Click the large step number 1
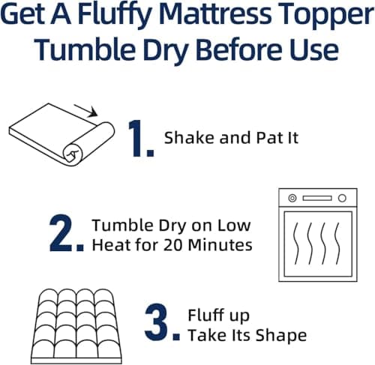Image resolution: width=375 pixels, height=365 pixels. (x=140, y=137)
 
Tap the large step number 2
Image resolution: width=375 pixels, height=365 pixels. (x=66, y=234)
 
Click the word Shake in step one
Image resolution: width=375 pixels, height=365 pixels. (x=184, y=138)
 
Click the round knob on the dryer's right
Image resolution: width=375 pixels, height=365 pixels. (x=342, y=198)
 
